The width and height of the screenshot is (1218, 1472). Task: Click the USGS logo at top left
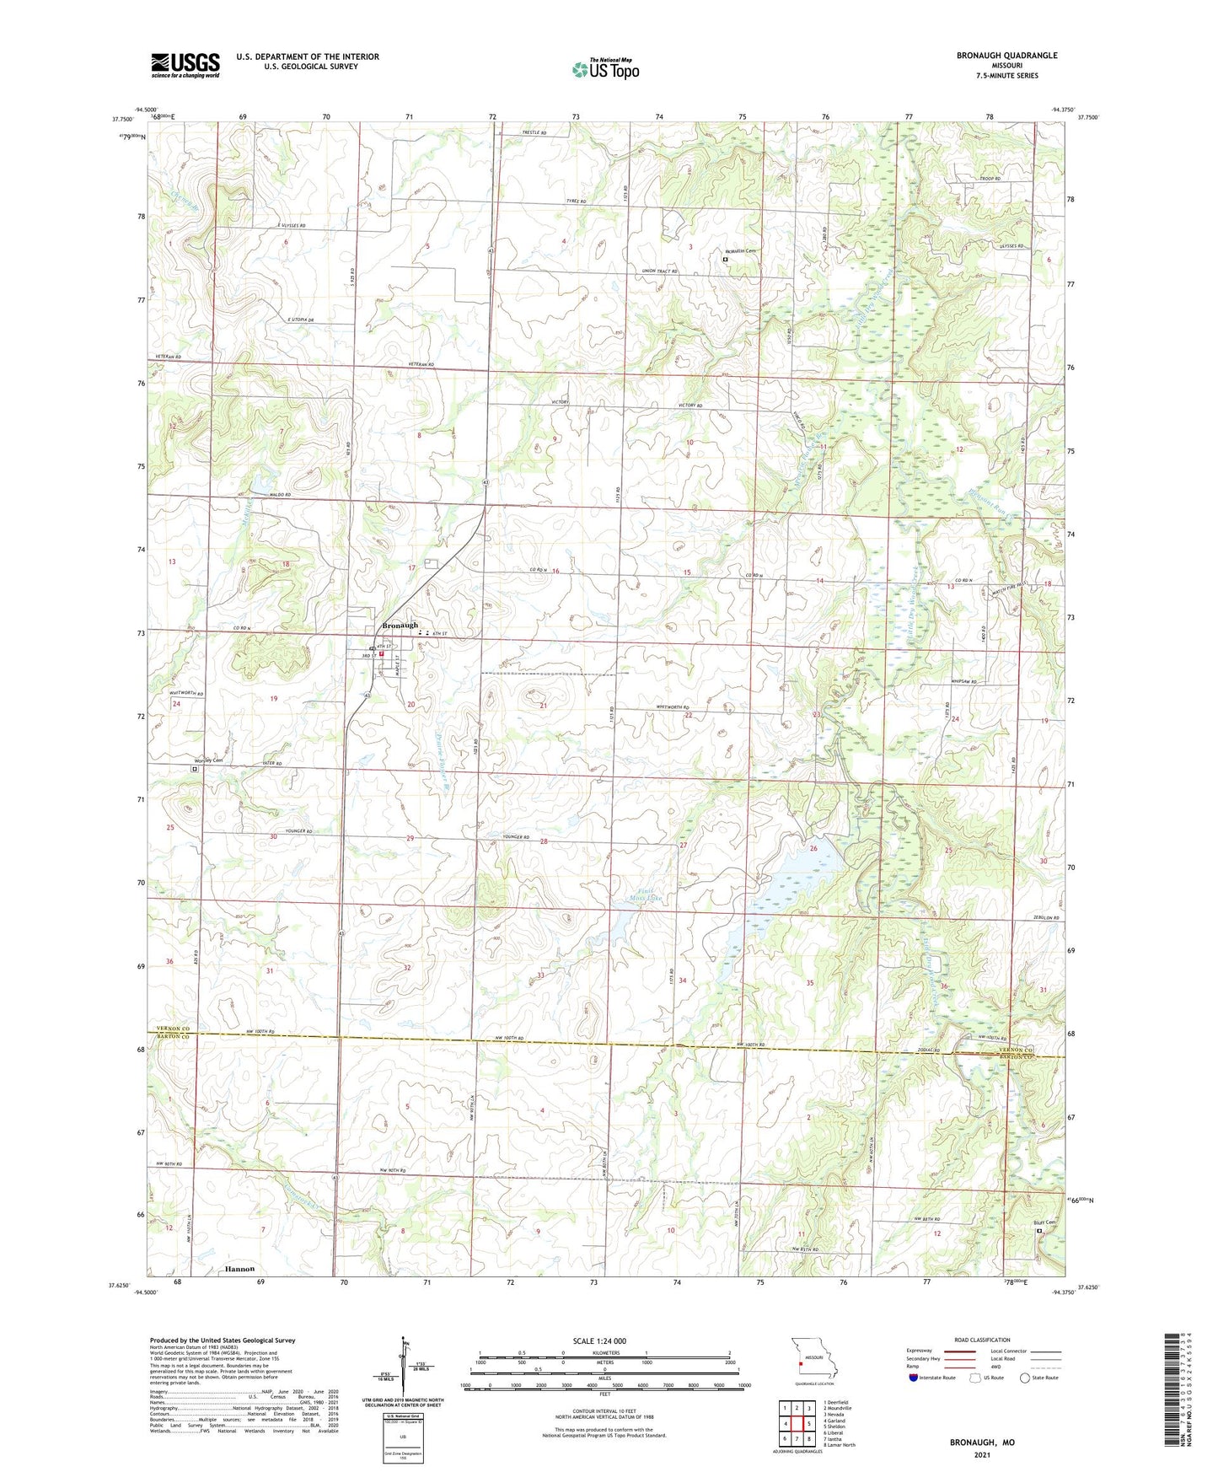click(x=185, y=64)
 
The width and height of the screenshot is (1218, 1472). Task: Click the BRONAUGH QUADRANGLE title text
click(x=1006, y=56)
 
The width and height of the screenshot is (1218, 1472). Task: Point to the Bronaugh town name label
click(x=400, y=625)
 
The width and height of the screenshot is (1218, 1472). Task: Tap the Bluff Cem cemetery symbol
click(x=1038, y=1230)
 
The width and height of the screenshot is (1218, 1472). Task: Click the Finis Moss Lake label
click(x=650, y=894)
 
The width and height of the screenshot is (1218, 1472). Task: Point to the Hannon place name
click(x=239, y=1268)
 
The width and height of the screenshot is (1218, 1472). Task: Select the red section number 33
click(x=540, y=975)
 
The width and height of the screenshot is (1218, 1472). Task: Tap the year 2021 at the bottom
click(x=982, y=1454)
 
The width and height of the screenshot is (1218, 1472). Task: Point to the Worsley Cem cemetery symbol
click(x=195, y=769)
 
